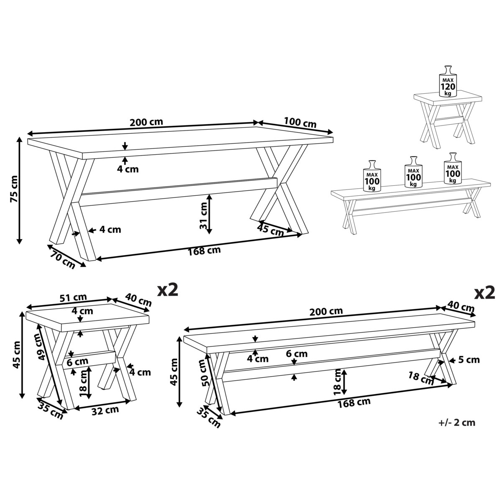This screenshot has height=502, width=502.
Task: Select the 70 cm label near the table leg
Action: (x=62, y=259)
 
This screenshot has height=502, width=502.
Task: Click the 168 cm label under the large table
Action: (x=204, y=251)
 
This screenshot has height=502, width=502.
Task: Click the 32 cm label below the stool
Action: (x=105, y=410)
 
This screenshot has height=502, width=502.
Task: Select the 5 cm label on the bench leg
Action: (x=469, y=360)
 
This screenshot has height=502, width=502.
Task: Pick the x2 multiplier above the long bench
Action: (x=484, y=293)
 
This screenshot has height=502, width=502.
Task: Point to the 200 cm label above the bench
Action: (x=326, y=311)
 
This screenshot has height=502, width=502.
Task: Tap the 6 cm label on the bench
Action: (x=297, y=353)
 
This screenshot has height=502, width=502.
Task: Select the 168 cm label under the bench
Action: (x=354, y=402)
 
